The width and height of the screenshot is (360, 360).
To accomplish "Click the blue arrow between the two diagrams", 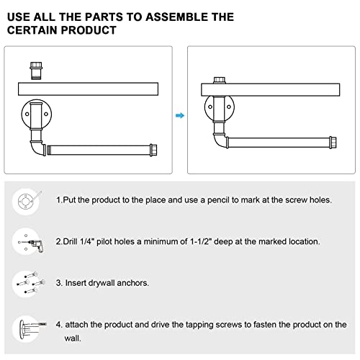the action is [x=180, y=116].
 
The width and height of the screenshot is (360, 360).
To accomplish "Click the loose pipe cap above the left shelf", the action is [x=36, y=71].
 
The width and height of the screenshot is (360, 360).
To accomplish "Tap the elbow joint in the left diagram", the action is [x=38, y=148].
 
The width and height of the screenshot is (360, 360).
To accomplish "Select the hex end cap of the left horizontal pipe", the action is [x=153, y=150].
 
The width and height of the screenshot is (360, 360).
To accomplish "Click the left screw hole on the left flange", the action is [x=27, y=114].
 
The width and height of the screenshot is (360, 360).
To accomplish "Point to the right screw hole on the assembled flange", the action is [x=229, y=107].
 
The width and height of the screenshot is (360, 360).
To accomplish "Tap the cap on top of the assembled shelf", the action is [x=220, y=80].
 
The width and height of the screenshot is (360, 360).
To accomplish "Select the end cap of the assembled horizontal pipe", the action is [x=333, y=143].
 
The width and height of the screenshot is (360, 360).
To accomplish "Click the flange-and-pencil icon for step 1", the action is [x=27, y=201].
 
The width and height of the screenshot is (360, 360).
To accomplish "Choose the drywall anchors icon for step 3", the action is [x=29, y=284].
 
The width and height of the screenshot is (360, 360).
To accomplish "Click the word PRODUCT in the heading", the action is [x=89, y=30].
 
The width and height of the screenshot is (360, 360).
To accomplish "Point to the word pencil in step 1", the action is [x=218, y=200].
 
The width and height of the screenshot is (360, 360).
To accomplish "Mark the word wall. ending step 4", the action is [x=73, y=338].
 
